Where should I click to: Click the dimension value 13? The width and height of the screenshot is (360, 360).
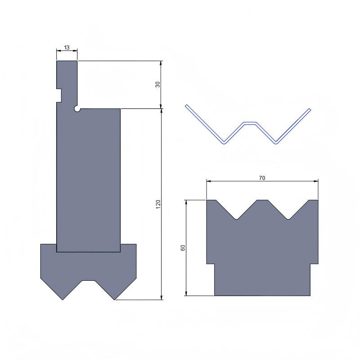[67, 48]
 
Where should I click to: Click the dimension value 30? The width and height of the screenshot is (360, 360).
[158, 85]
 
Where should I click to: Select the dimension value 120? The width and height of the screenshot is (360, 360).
[158, 204]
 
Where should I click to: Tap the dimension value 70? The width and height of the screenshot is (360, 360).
[262, 178]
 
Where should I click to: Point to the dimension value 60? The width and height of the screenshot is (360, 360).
[183, 248]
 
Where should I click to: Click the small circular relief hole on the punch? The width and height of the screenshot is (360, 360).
[78, 109]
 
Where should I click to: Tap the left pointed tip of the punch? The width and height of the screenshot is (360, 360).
[62, 299]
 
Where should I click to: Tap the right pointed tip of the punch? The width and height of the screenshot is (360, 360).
[115, 299]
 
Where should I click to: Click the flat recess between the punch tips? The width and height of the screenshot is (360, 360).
[89, 281]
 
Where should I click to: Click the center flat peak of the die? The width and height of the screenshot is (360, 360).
[262, 201]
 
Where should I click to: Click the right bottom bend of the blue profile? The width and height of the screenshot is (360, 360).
[276, 142]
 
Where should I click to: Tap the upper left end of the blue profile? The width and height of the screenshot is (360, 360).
[186, 106]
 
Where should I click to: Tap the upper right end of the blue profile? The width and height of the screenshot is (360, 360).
[310, 109]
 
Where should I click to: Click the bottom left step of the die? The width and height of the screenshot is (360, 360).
[211, 264]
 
